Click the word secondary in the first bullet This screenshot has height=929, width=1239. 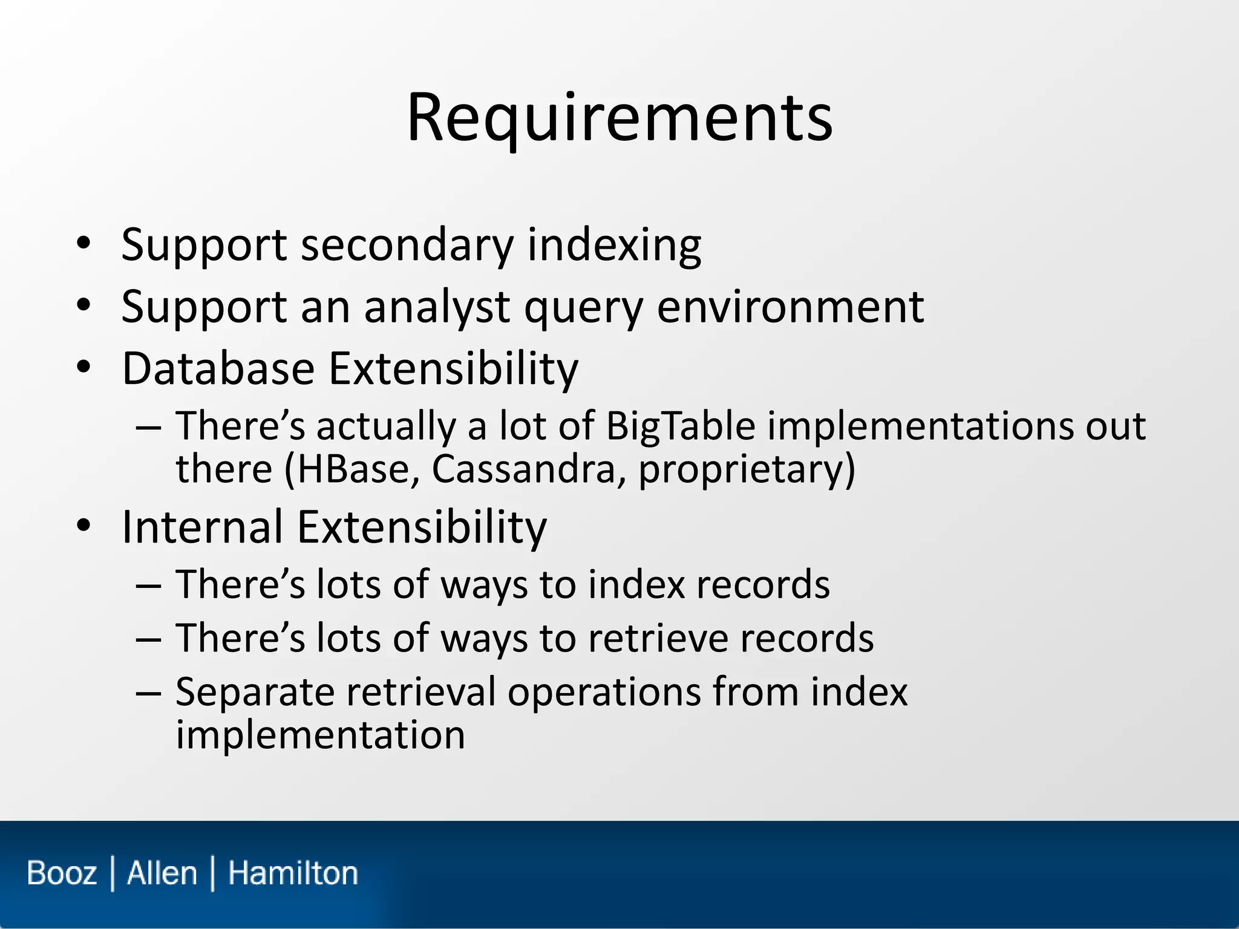click(x=407, y=246)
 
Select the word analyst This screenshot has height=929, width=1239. click(x=436, y=307)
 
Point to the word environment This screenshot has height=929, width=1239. click(x=789, y=307)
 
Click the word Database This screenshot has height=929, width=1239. click(x=218, y=368)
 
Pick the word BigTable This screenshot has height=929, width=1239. click(x=680, y=426)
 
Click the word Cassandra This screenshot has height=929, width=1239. click(x=523, y=469)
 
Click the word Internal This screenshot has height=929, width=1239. click(x=202, y=527)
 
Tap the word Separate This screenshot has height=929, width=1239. click(x=254, y=693)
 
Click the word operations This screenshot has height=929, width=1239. click(x=602, y=693)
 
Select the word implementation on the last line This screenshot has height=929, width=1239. click(x=320, y=735)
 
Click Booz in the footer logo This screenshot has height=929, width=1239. click(x=62, y=873)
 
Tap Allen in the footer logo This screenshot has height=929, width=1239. click(x=162, y=873)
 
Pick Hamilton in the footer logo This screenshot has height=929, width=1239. click(x=293, y=873)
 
